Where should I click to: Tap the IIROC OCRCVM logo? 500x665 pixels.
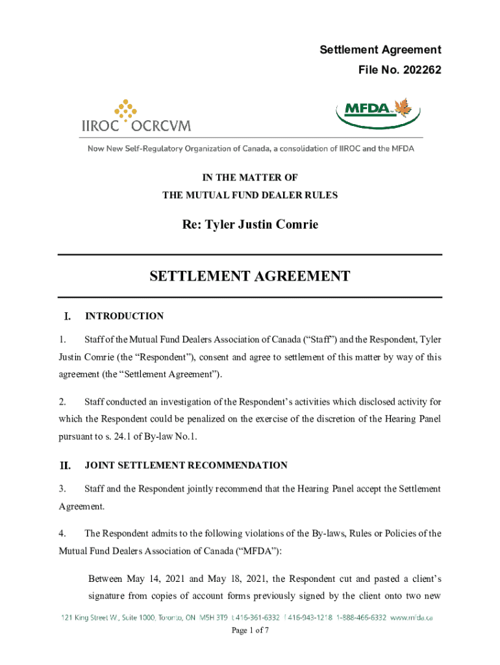click(x=136, y=117)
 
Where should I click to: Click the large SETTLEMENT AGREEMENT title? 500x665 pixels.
click(x=250, y=276)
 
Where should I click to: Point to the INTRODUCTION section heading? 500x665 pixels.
click(x=124, y=316)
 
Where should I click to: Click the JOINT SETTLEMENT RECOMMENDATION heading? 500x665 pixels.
click(x=186, y=466)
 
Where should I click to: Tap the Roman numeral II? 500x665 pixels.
click(x=64, y=466)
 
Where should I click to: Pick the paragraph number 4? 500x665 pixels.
click(x=62, y=534)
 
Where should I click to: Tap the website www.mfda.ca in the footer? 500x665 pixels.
click(x=412, y=618)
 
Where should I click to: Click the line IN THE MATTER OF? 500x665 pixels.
click(x=250, y=177)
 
